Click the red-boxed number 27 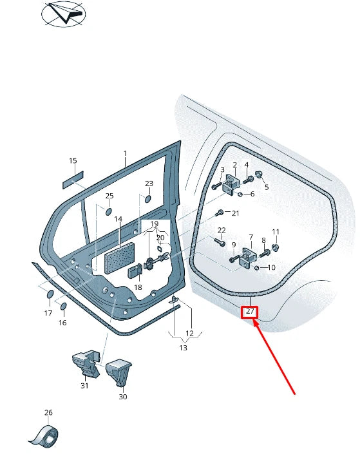click(250, 312)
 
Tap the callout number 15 click(73, 160)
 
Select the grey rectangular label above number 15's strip click(73, 180)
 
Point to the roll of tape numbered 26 click(44, 437)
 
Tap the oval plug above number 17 click(50, 296)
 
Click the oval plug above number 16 click(63, 305)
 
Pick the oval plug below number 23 click(147, 199)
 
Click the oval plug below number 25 click(108, 211)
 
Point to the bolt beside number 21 click(220, 213)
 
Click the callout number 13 click(183, 348)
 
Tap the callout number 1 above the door click(125, 153)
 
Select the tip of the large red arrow click(256, 322)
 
